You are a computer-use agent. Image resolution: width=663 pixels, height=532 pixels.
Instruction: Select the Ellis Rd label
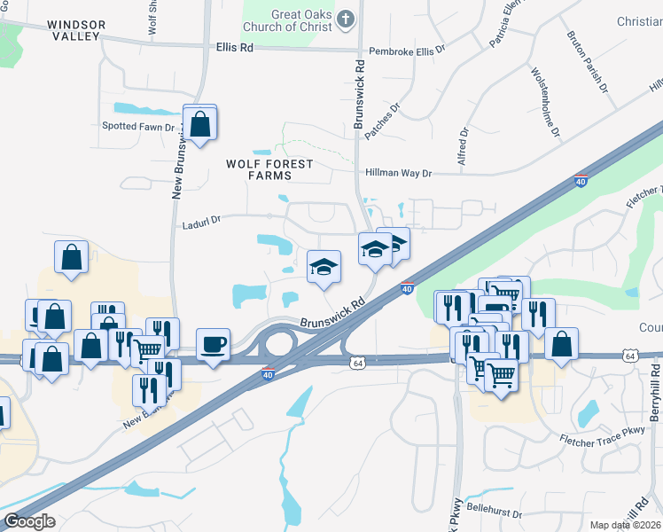tap(235, 47)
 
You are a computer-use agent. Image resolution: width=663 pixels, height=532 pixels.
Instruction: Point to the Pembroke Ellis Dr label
tap(407, 51)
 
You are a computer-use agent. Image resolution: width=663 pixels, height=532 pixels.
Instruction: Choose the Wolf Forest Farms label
tap(270, 169)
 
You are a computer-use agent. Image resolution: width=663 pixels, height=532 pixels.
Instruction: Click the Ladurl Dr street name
tap(200, 217)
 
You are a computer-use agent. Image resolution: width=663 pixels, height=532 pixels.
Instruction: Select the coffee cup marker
tap(214, 344)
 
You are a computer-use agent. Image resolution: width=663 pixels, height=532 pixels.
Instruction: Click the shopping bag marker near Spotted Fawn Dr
tap(201, 125)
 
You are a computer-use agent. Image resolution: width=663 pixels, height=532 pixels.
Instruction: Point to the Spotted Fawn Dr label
tap(142, 126)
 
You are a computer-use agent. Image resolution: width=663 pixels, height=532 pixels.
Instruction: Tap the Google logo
tap(28, 521)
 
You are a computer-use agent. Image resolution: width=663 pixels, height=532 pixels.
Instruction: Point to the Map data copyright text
tap(625, 525)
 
